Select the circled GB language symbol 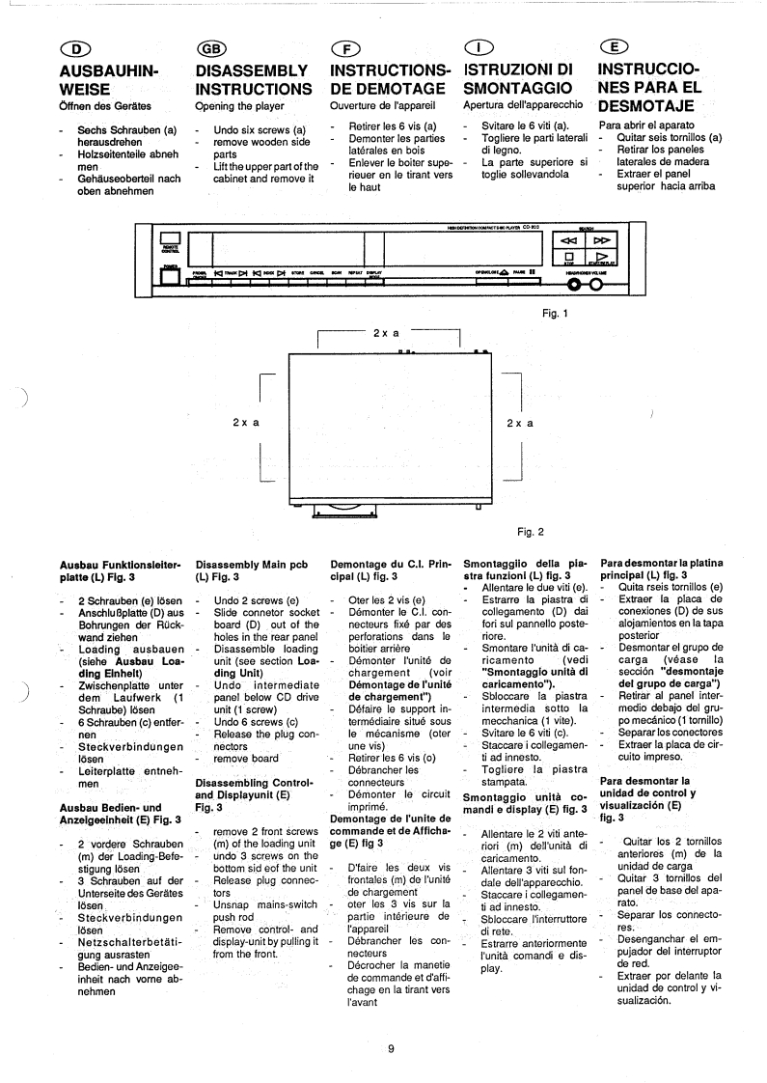[x=210, y=52]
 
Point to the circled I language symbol [x=478, y=52]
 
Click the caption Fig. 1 [x=558, y=313]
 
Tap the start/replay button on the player [x=601, y=259]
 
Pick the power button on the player [x=171, y=276]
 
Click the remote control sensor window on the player [x=171, y=239]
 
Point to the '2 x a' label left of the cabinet [x=246, y=423]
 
